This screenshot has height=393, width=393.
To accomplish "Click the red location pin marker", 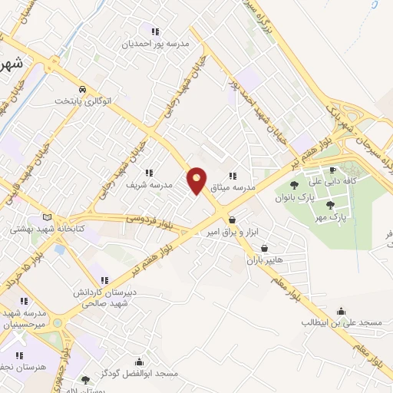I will tap(197, 181).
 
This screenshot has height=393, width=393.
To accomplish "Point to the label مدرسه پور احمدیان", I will tap(156, 45).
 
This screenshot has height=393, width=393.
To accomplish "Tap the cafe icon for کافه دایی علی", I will tap(332, 170).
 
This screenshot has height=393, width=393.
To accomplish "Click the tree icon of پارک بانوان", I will tap(294, 185).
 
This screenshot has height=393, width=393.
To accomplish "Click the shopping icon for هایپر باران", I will tap(264, 248).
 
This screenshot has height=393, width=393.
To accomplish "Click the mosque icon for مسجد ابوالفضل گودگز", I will tap(139, 362).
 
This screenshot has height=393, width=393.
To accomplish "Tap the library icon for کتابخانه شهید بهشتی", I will tap(50, 217).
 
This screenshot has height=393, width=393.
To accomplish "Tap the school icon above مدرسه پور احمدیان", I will tap(155, 32).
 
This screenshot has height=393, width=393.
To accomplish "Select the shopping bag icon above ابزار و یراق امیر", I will tap(232, 220).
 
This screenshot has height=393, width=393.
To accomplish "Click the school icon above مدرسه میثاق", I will tap(233, 176).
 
